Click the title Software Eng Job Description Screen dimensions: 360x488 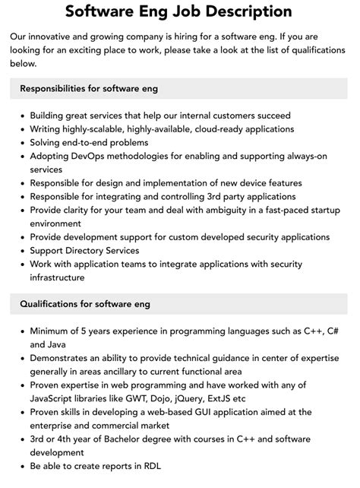click(x=179, y=11)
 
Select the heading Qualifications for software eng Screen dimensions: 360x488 click(x=84, y=304)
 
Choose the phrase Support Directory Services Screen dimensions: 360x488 click(x=84, y=251)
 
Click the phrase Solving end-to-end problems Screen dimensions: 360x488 click(x=89, y=143)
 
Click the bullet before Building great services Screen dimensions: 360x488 click(x=21, y=116)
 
